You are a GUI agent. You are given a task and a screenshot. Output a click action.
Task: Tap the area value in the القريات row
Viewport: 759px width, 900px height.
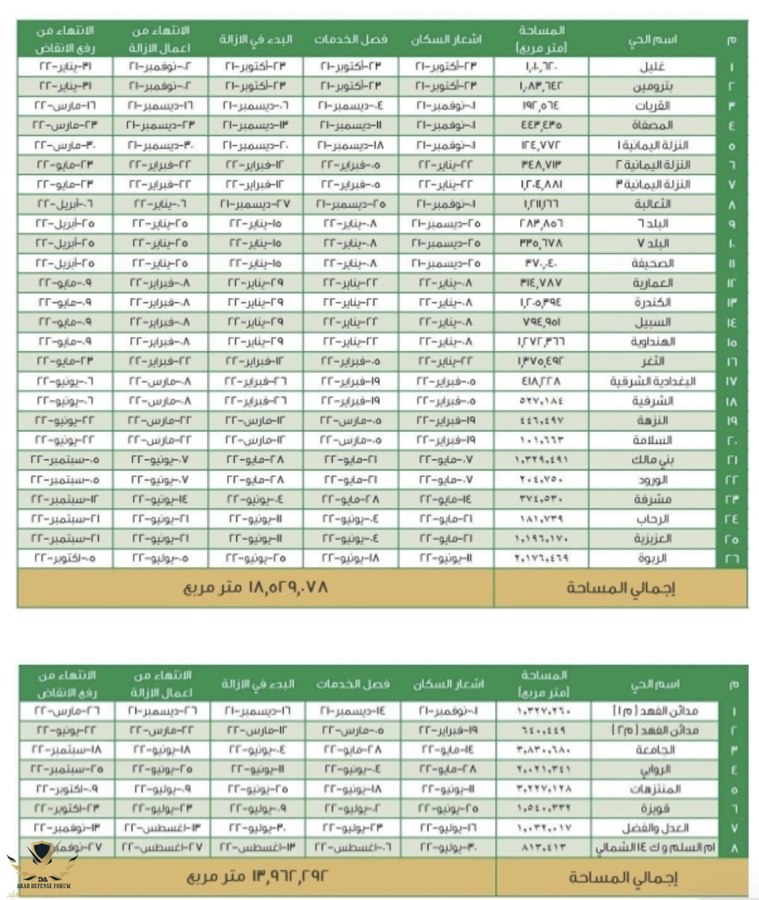pyautogui.click(x=542, y=106)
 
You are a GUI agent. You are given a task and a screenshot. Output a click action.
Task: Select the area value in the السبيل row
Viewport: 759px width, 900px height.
pyautogui.click(x=542, y=322)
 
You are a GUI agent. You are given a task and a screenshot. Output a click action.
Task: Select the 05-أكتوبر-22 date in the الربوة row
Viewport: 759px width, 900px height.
pyautogui.click(x=65, y=558)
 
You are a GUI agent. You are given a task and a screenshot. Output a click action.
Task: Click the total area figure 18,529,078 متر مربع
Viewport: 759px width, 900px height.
pyautogui.click(x=255, y=587)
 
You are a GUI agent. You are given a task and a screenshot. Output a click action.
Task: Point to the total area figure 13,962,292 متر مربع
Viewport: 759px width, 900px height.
pyautogui.click(x=257, y=876)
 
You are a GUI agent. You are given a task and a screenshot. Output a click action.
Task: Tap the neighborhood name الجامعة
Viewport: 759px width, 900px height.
pyautogui.click(x=654, y=750)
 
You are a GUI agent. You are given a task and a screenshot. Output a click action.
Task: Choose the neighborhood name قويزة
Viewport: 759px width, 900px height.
pyautogui.click(x=654, y=808)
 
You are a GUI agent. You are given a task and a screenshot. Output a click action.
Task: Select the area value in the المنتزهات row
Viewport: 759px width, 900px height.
pyautogui.click(x=544, y=789)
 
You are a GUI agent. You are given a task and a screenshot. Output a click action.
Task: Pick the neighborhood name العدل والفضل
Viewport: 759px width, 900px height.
pyautogui.click(x=654, y=828)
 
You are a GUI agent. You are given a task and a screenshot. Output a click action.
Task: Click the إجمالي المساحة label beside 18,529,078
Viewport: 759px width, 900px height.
pyautogui.click(x=620, y=588)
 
